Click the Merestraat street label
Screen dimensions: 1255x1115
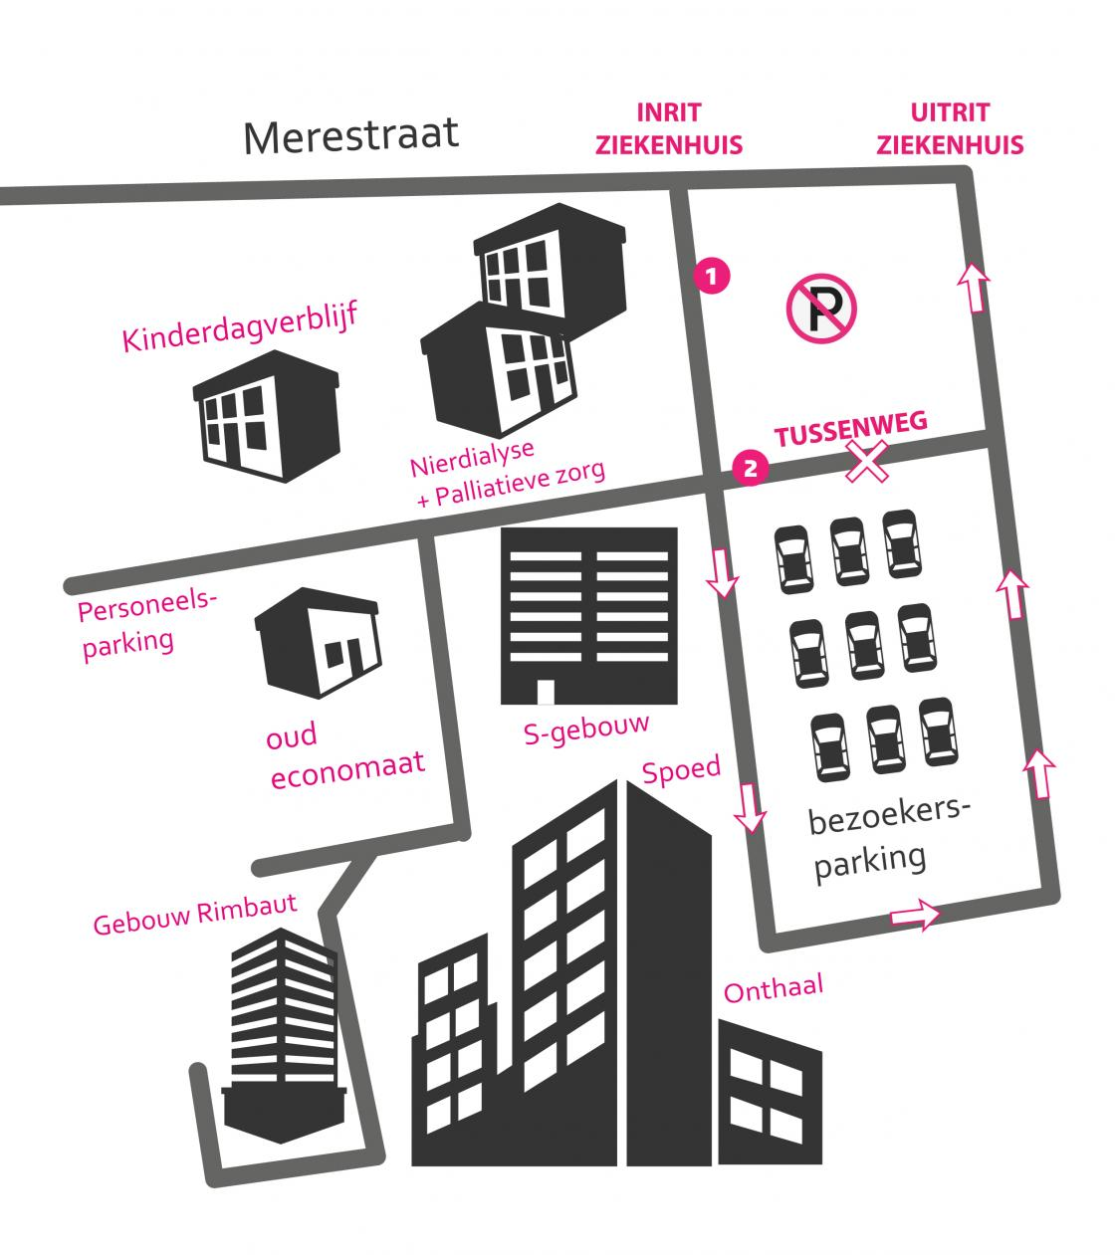pos(351,135)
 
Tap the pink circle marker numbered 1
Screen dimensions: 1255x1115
pos(713,276)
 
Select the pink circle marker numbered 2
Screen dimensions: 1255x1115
pos(750,466)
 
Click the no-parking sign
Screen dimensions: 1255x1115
pos(821,309)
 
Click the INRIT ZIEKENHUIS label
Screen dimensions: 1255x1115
pos(668,129)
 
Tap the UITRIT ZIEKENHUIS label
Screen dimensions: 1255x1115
pos(950,129)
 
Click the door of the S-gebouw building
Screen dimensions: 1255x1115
pos(545,692)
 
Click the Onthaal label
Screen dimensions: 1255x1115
pos(774,989)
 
